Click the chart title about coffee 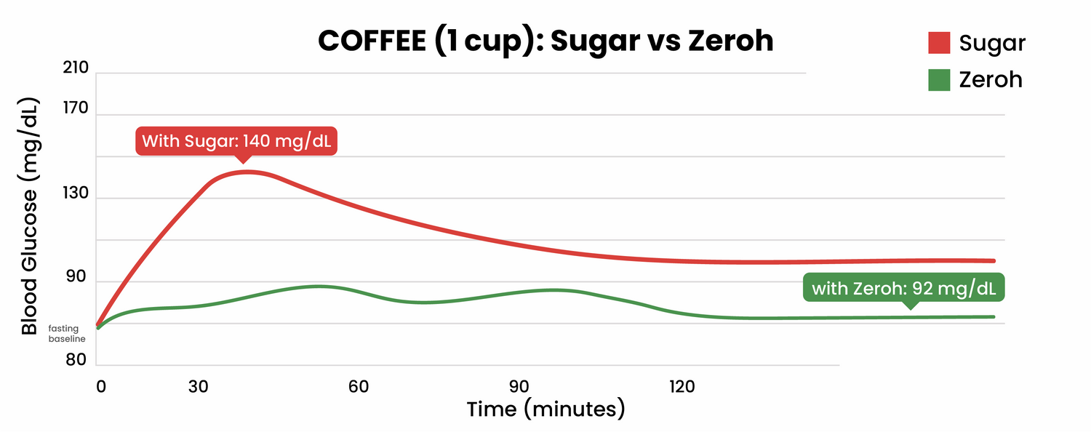(545, 41)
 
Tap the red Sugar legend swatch (940, 43)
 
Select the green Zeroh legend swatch (940, 79)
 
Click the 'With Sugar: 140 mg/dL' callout (236, 141)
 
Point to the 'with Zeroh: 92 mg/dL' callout (903, 288)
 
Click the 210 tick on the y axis (76, 68)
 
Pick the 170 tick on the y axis (76, 109)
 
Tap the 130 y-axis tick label (76, 194)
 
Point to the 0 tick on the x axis (100, 386)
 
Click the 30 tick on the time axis (198, 386)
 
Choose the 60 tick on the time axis (358, 386)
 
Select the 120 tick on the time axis (682, 386)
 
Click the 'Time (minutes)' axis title (545, 409)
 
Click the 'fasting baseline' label (67, 334)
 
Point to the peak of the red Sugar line (247, 172)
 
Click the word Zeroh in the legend (991, 79)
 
